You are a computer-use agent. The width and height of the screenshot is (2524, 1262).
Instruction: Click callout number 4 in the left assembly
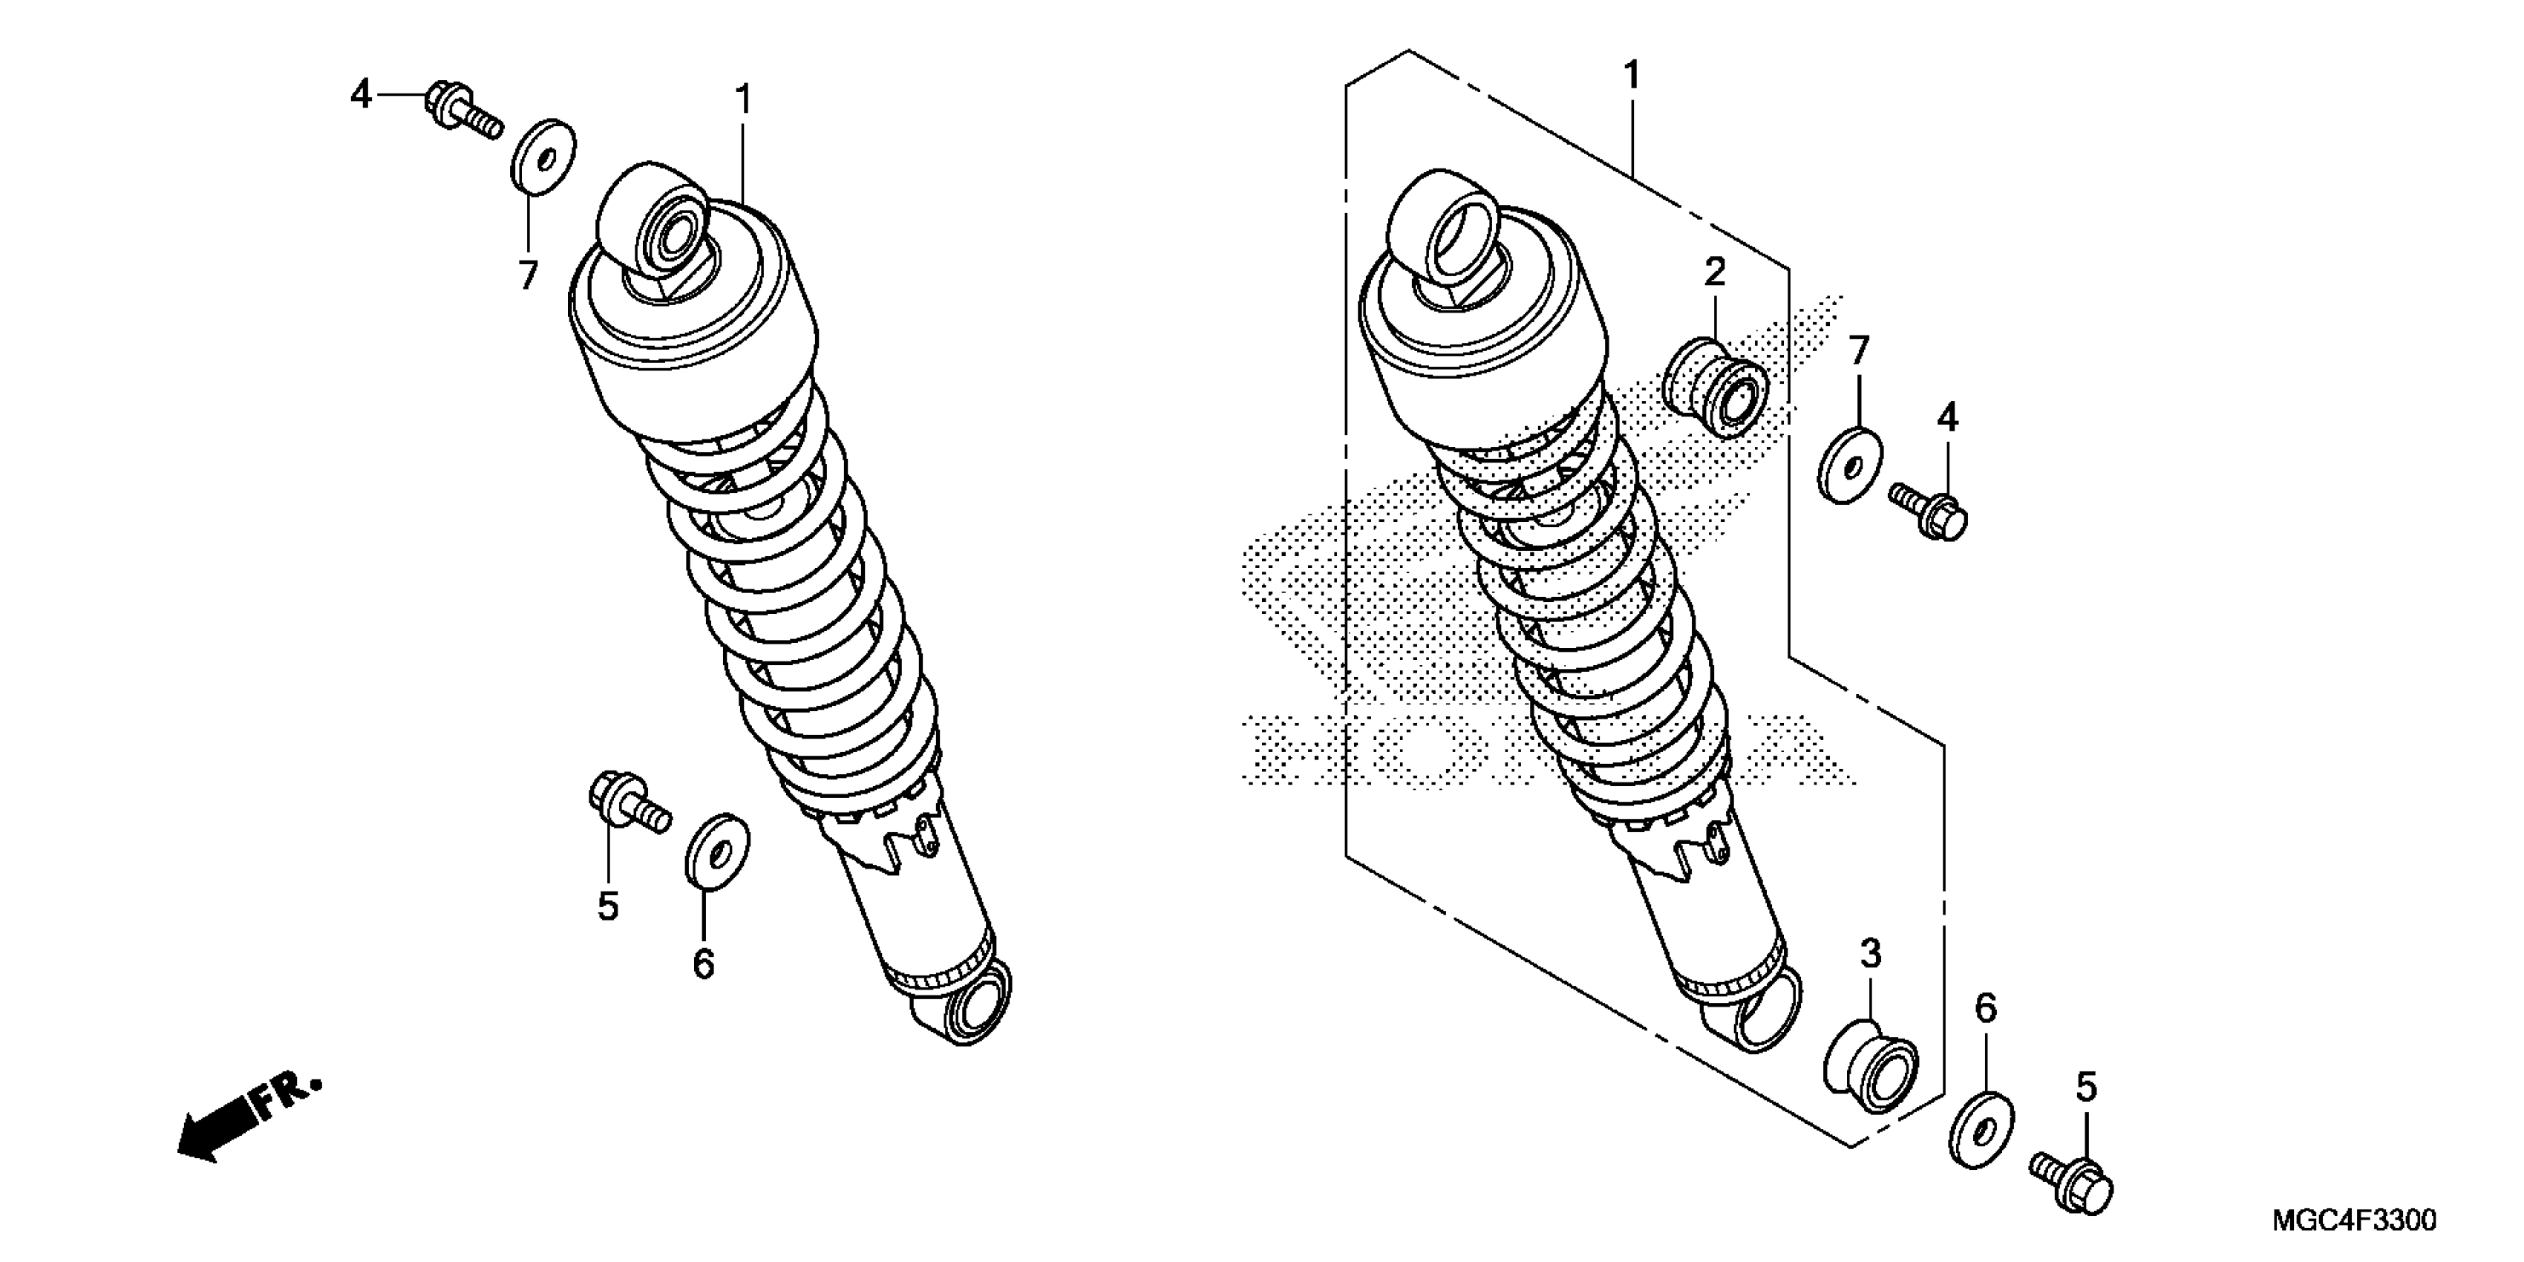tap(362, 95)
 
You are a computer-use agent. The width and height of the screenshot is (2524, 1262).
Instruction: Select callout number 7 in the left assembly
tap(528, 275)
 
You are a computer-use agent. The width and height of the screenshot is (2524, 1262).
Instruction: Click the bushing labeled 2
tap(1715, 387)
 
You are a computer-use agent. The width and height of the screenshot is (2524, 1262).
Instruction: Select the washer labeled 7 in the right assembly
tap(1850, 465)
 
